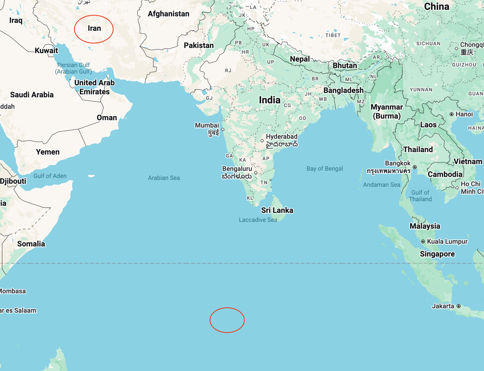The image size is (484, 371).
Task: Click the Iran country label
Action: pyautogui.click(x=94, y=28)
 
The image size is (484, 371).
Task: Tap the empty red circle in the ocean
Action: pyautogui.click(x=227, y=320)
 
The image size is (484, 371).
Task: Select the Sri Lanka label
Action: pyautogui.click(x=277, y=210)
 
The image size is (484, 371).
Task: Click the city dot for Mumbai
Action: pyautogui.click(x=223, y=129)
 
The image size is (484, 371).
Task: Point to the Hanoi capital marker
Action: pyautogui.click(x=452, y=114)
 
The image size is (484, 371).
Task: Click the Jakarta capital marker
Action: pyautogui.click(x=459, y=306)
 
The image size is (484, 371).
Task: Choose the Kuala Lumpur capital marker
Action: pyautogui.click(x=423, y=242)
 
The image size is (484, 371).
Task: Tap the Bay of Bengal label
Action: pyautogui.click(x=324, y=168)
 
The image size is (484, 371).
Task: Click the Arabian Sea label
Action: pyautogui.click(x=164, y=178)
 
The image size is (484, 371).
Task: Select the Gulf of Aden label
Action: pyautogui.click(x=50, y=176)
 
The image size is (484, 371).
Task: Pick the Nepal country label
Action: pyautogui.click(x=300, y=59)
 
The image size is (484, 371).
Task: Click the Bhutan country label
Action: pyautogui.click(x=345, y=65)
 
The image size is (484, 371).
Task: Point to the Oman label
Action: pyautogui.click(x=107, y=117)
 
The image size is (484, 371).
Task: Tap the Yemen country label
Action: pyautogui.click(x=48, y=152)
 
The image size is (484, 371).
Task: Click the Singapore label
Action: pyautogui.click(x=437, y=254)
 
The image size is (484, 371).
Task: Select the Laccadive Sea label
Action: pyautogui.click(x=258, y=220)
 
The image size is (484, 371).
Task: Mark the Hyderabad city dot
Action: pyautogui.click(x=262, y=141)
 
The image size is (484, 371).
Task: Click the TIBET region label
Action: pyautogui.click(x=333, y=35)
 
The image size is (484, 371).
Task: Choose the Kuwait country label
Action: pyautogui.click(x=46, y=50)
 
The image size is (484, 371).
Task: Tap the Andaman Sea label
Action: pyautogui.click(x=381, y=185)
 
